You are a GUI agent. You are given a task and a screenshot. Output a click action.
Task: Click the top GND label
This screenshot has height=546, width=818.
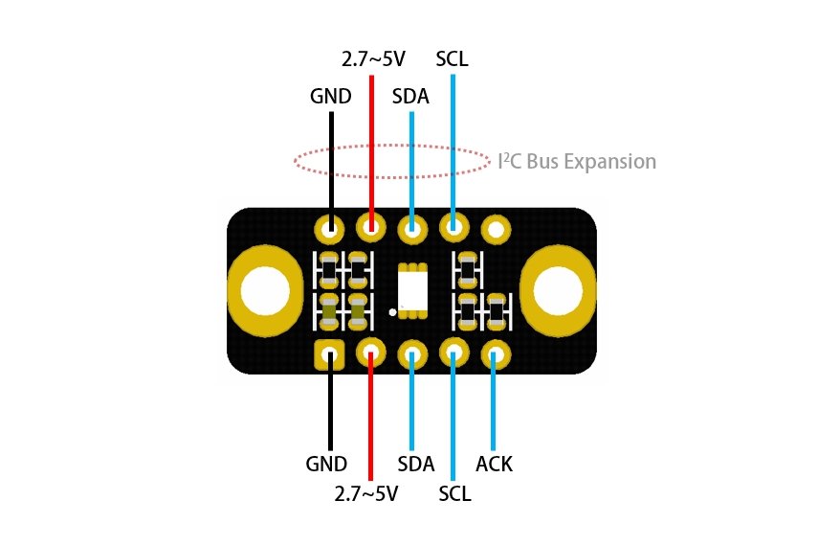click(330, 97)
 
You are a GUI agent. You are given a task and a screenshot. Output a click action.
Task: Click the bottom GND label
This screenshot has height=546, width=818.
click(326, 465)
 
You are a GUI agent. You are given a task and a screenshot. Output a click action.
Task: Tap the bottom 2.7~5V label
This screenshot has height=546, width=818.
click(365, 494)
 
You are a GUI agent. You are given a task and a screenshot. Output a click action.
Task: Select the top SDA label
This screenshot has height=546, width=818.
click(411, 97)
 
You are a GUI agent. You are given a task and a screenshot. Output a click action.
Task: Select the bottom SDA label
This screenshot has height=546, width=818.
click(415, 465)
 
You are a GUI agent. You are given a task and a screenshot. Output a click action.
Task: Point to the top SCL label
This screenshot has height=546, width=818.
click(452, 59)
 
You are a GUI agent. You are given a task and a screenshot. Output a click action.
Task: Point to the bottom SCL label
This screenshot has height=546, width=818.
click(455, 494)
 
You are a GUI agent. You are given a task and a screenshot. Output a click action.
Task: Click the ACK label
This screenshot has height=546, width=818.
click(495, 465)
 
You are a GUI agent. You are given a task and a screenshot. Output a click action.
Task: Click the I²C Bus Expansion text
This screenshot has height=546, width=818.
click(578, 162)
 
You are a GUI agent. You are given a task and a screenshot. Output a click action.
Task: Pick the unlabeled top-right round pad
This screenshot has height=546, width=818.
click(496, 229)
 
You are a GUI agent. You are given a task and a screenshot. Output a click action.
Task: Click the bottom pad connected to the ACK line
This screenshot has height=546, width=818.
click(496, 354)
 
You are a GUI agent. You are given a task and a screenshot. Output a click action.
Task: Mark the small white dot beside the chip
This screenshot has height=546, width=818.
click(392, 312)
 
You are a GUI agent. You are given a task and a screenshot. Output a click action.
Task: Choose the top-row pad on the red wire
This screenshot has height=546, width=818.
click(370, 228)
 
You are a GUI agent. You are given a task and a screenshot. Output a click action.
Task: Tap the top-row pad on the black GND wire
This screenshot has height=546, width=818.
click(330, 229)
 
